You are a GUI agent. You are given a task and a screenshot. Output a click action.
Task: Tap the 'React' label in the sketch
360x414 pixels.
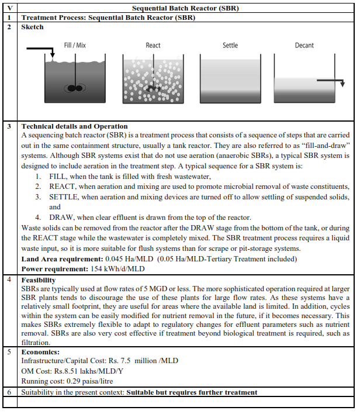[153, 45]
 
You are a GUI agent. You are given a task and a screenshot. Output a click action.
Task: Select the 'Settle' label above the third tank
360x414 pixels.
[230, 45]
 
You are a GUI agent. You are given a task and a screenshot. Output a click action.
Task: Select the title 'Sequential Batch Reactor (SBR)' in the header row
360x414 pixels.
[185, 9]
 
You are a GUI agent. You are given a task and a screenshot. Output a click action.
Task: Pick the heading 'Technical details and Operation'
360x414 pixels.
[74, 126]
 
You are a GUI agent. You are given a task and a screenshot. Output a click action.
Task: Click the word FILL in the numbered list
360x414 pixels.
[59, 177]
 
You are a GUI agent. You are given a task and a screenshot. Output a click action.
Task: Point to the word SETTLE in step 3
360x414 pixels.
[64, 196]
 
